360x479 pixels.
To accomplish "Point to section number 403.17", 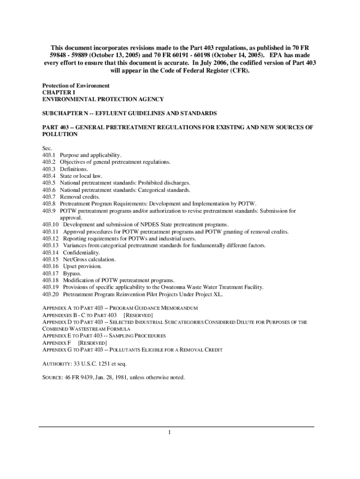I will (x=50, y=273).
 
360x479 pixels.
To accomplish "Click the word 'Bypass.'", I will (x=72, y=273).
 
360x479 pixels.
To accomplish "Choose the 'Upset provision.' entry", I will (x=82, y=266).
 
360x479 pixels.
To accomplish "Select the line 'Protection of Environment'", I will (x=76, y=86).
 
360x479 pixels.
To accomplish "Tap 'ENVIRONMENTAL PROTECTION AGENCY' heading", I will (x=103, y=100).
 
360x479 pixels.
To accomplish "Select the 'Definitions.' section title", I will (x=73, y=169).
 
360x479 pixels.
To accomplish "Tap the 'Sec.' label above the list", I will (x=47, y=148).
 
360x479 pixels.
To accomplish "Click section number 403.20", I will (x=50, y=294).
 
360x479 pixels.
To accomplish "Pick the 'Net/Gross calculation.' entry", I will (x=89, y=260).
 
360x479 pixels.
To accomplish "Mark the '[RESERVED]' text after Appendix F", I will (x=93, y=342).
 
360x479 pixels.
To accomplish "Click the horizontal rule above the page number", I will (x=176, y=427).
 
